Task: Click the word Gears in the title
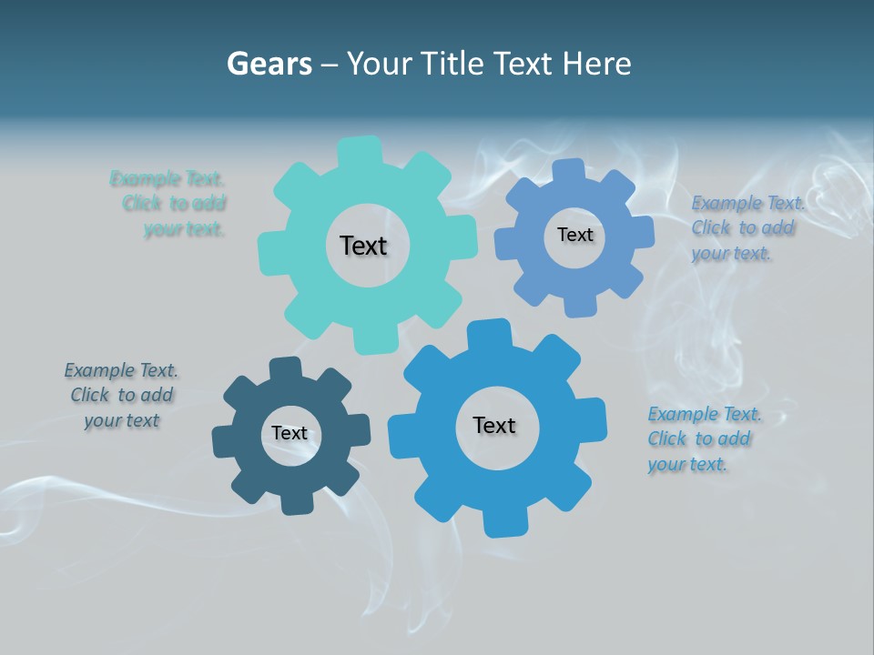pyautogui.click(x=269, y=64)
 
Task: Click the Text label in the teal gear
pyautogui.click(x=363, y=246)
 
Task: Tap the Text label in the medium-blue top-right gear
pyautogui.click(x=574, y=235)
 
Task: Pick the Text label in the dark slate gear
pyautogui.click(x=290, y=433)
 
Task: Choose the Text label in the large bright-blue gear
pyautogui.click(x=494, y=425)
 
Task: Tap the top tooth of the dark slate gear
pyautogui.click(x=285, y=369)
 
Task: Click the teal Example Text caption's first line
pyautogui.click(x=167, y=178)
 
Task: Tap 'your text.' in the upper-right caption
pyautogui.click(x=731, y=254)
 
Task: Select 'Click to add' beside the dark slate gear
pyautogui.click(x=122, y=395)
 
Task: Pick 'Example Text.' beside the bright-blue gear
pyautogui.click(x=704, y=414)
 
